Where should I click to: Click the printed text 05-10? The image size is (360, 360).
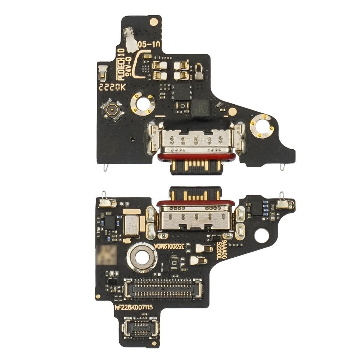149,45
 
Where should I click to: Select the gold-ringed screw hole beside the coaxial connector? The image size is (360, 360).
143,104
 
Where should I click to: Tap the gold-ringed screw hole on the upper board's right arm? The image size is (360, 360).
262,126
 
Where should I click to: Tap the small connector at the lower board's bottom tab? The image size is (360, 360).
140,328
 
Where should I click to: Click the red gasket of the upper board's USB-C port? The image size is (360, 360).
197,157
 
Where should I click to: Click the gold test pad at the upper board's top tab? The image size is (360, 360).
154,22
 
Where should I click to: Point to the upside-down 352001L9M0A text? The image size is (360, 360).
169,246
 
